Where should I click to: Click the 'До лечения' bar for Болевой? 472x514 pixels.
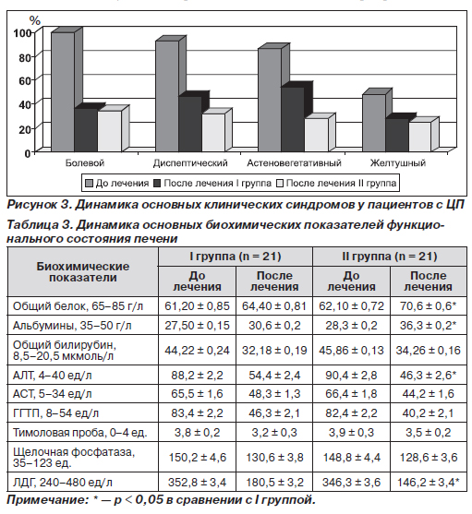click(x=63, y=91)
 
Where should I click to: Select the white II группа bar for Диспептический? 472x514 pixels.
click(x=213, y=133)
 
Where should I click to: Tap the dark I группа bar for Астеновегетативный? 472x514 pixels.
click(x=293, y=119)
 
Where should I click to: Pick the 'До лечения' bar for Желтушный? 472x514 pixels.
click(x=374, y=123)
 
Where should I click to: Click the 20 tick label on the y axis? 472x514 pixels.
click(x=25, y=129)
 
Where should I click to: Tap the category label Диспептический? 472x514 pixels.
click(x=190, y=163)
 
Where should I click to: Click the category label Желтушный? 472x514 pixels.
click(x=398, y=163)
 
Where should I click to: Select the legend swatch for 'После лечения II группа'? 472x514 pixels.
click(x=280, y=184)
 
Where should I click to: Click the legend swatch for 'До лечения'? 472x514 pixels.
click(x=89, y=184)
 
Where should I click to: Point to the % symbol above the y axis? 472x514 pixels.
click(x=35, y=20)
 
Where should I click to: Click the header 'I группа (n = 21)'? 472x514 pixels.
click(x=236, y=257)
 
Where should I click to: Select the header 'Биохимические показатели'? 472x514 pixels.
click(x=82, y=272)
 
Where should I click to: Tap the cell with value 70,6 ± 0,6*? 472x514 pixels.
click(x=428, y=306)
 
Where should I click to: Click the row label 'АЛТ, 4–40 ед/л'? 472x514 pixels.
click(x=52, y=376)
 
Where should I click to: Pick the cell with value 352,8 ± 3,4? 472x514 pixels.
click(x=197, y=483)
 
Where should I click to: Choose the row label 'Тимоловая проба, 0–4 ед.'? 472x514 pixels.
click(x=79, y=433)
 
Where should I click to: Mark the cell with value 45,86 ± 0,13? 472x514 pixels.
click(x=351, y=351)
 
